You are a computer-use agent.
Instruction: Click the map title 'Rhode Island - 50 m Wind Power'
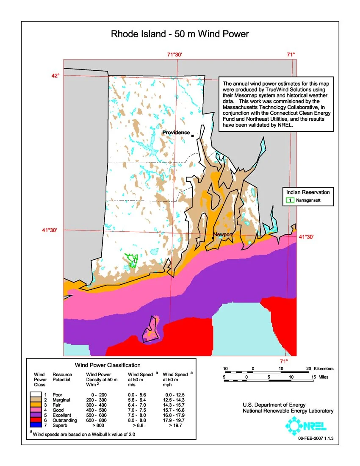(x=180, y=34)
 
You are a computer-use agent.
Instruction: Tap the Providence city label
(x=176, y=133)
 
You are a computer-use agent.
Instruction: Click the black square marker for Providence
(x=192, y=136)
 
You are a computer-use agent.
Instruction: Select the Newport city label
(x=223, y=234)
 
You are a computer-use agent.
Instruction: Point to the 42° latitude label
(x=55, y=75)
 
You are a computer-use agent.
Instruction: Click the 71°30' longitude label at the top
(x=174, y=54)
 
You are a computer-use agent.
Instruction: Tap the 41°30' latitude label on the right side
(x=306, y=237)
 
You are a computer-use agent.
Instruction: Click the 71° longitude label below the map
(x=284, y=361)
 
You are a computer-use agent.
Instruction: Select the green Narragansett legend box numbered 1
(x=290, y=200)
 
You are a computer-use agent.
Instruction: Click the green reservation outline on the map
(x=132, y=259)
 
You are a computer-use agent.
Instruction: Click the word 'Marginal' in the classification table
(x=61, y=399)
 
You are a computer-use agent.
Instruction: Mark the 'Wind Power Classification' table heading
(x=108, y=365)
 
